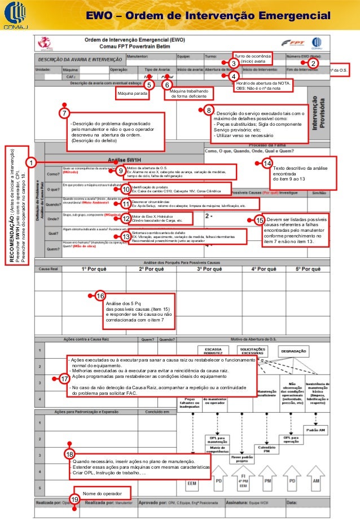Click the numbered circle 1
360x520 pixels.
coord(32,162)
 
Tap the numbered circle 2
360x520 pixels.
coord(315,64)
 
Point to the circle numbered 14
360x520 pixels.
coord(268,164)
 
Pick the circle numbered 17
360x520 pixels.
coord(64,379)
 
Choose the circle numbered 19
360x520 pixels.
coord(73,499)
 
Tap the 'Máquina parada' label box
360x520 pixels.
coord(133,92)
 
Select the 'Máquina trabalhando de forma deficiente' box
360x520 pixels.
coord(190,94)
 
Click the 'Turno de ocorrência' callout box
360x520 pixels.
coord(253,59)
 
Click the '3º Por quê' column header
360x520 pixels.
coord(208,270)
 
